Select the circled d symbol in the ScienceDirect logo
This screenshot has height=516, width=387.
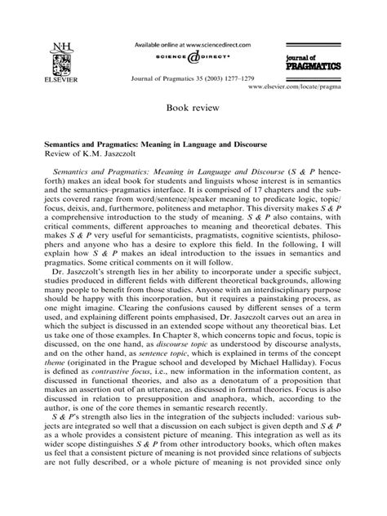192,58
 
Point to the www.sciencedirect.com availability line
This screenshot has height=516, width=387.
192,42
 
